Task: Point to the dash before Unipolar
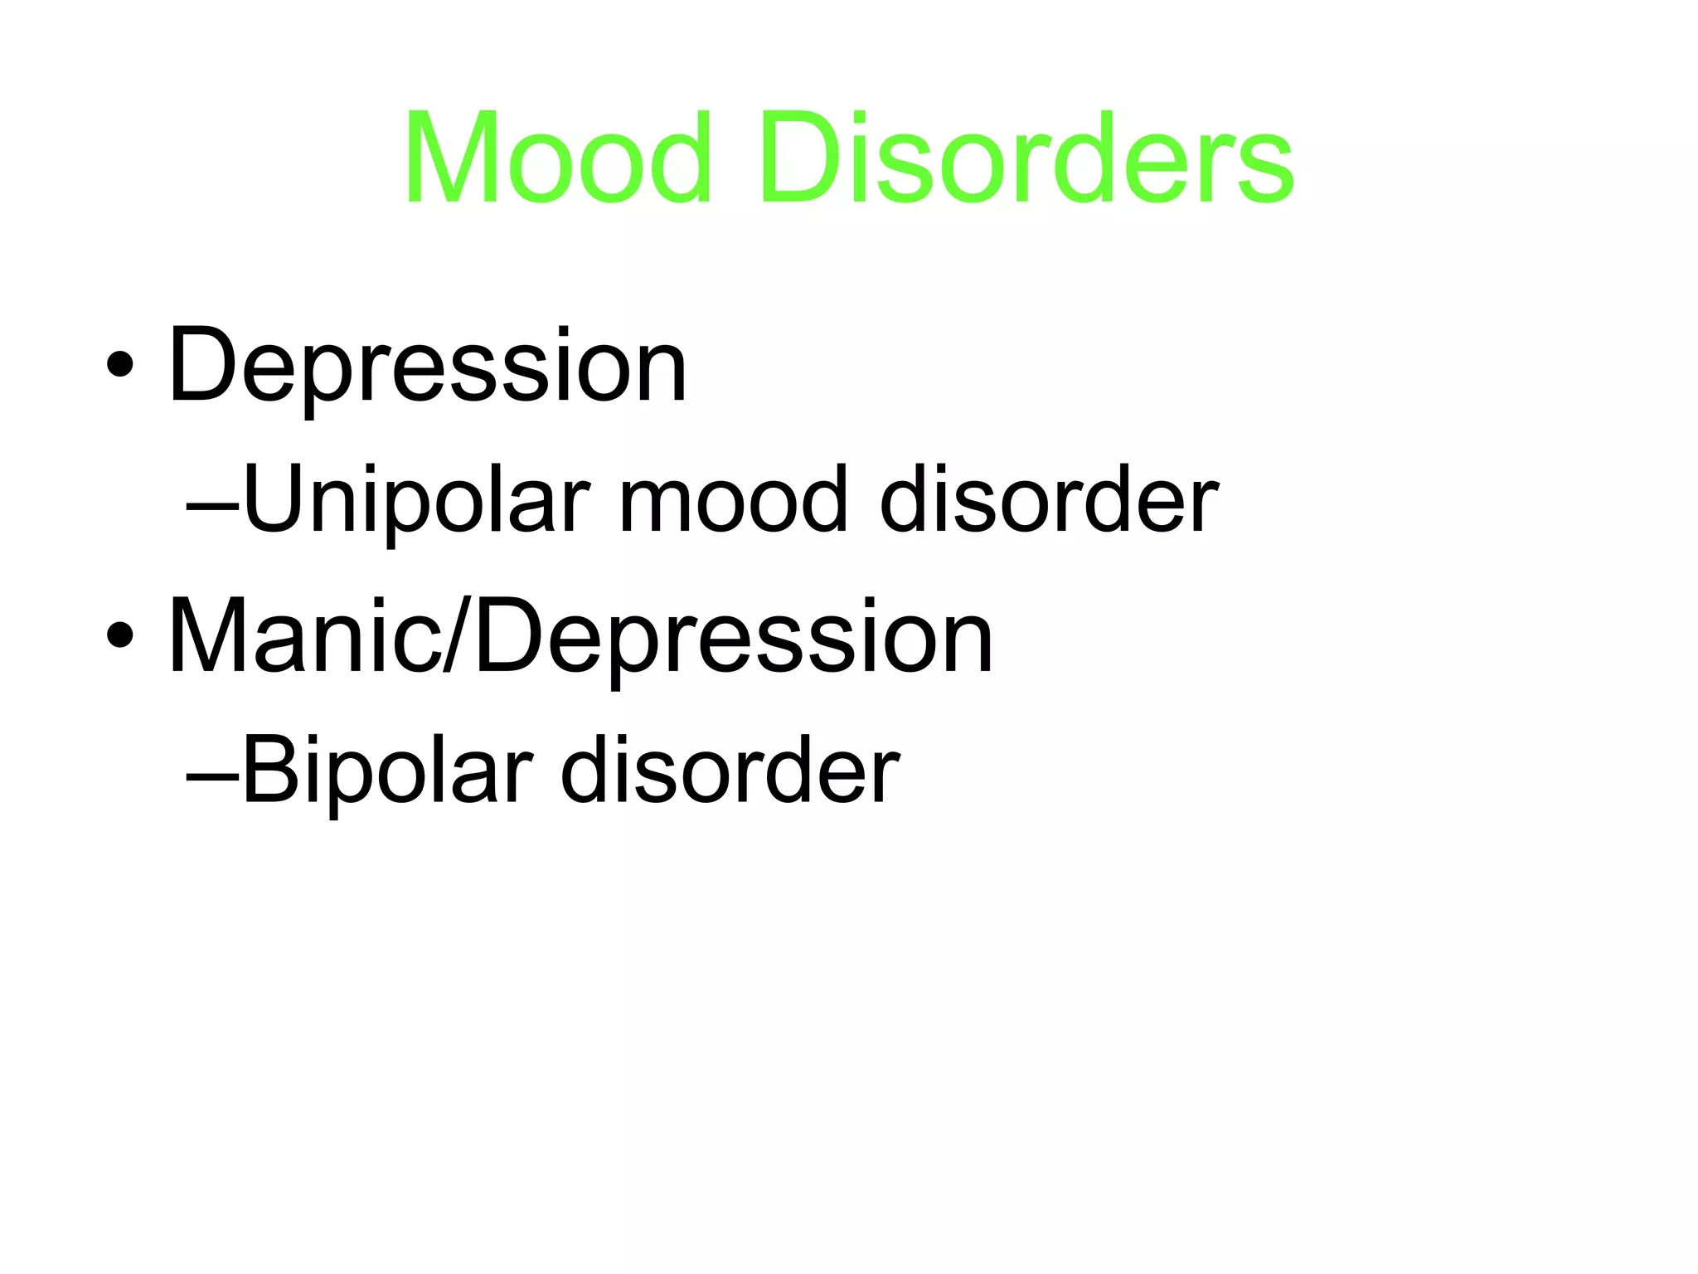212,503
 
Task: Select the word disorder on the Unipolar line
1048,501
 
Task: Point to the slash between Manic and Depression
457,637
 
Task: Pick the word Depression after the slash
733,637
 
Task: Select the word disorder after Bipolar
730,772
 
